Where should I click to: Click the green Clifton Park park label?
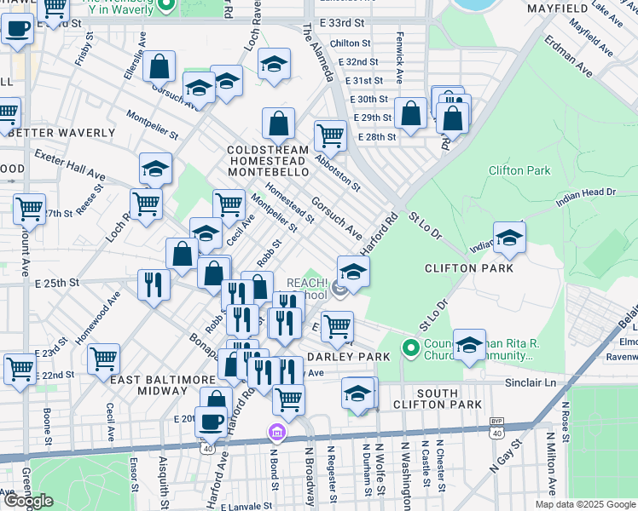519,170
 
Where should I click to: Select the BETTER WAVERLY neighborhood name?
58,133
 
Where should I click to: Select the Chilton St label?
350,43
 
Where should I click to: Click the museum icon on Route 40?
275,433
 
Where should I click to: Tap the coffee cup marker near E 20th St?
211,420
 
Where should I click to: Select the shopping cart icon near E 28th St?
329,134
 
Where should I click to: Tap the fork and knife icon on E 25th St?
154,284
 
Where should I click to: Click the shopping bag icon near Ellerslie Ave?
159,66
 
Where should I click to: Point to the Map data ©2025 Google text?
586,504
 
